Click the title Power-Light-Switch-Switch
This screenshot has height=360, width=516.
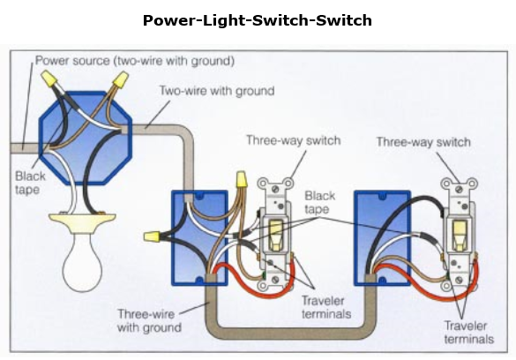click(258, 20)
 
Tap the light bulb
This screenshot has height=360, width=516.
click(82, 261)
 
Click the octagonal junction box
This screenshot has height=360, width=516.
click(86, 138)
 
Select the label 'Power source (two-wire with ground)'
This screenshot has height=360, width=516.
click(135, 61)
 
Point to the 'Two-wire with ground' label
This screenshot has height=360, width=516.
click(217, 91)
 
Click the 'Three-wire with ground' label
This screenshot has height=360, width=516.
click(149, 320)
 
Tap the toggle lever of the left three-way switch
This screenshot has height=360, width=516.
click(276, 235)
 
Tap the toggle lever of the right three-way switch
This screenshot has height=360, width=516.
click(460, 235)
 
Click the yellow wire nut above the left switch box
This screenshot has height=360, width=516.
click(241, 179)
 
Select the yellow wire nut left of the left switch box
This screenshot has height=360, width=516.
click(152, 236)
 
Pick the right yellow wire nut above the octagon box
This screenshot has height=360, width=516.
click(121, 79)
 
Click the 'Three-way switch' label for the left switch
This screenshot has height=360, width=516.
click(294, 140)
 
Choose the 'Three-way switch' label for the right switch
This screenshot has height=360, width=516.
click(423, 142)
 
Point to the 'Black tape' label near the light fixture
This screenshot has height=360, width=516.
click(30, 183)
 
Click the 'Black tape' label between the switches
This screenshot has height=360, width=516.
click(320, 202)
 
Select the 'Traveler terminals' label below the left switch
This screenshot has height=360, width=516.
click(326, 307)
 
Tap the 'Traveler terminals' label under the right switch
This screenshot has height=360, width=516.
click(469, 333)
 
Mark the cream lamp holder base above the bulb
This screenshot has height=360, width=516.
click(82, 222)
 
